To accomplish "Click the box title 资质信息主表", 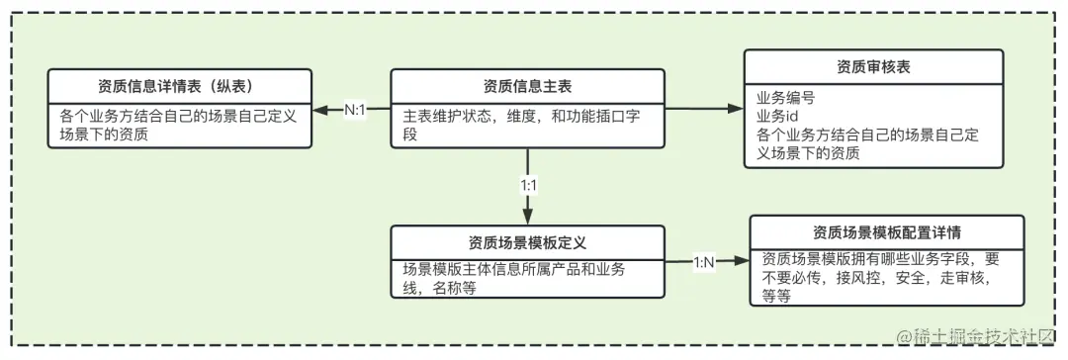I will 527,85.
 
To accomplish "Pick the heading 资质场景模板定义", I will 529,241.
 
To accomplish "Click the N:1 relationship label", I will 354,110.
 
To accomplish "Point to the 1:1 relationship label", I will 529,185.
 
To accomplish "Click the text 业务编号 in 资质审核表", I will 786,98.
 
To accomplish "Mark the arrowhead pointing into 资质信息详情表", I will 320,110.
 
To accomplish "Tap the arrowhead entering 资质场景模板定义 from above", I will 529,220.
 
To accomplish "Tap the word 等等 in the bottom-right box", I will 776,295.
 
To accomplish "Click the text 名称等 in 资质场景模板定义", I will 455,288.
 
